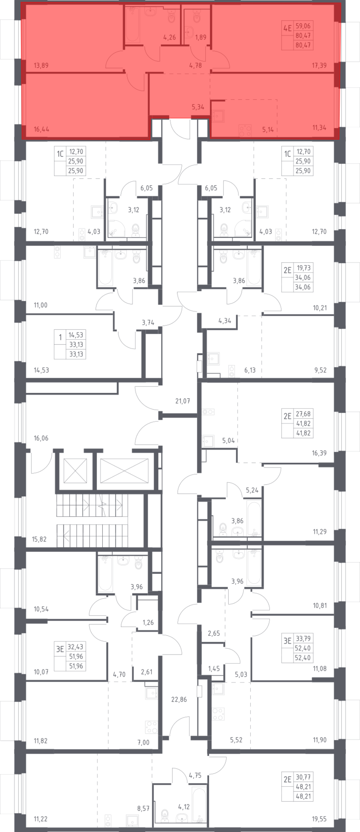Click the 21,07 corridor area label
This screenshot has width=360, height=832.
click(x=183, y=401)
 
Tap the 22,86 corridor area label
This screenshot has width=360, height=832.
click(x=179, y=699)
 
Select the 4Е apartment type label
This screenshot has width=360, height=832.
click(x=287, y=28)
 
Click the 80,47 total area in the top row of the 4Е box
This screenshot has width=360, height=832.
click(x=303, y=36)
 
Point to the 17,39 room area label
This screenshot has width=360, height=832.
click(x=319, y=66)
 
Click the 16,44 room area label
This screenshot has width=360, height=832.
click(x=41, y=129)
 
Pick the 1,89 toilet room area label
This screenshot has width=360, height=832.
click(x=201, y=37)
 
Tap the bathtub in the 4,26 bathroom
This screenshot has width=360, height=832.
click(x=132, y=24)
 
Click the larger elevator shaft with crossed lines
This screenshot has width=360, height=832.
click(x=124, y=470)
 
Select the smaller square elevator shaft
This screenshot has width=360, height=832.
click(x=75, y=470)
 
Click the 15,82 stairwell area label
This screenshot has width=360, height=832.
click(x=39, y=539)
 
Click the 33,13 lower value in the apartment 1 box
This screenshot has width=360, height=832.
click(x=76, y=354)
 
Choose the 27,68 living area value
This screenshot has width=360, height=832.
click(x=303, y=414)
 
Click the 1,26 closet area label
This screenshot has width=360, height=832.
click(x=148, y=622)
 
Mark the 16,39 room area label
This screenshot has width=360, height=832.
click(x=319, y=453)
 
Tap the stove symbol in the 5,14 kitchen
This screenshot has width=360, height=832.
click(x=246, y=130)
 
